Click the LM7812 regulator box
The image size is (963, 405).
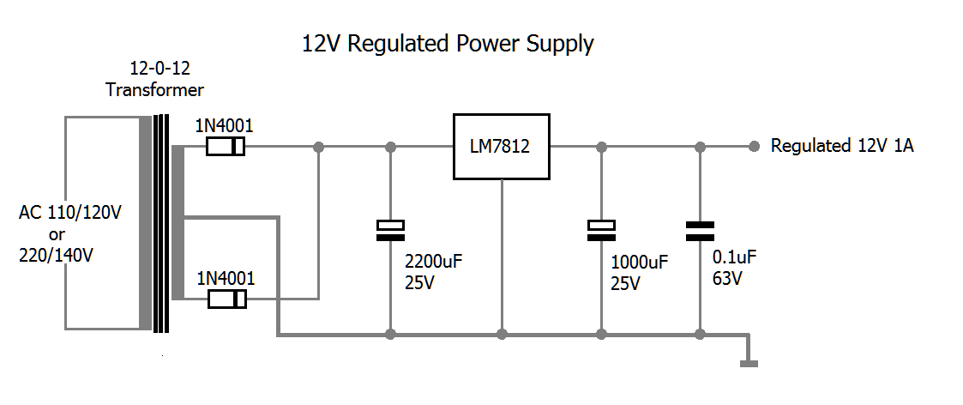(x=501, y=147)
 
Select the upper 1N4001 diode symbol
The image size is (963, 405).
(x=226, y=148)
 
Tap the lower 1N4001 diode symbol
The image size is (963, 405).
(x=227, y=299)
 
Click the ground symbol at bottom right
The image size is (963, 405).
(x=749, y=362)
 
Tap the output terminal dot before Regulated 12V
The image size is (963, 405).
(x=754, y=147)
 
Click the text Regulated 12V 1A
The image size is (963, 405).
(x=842, y=146)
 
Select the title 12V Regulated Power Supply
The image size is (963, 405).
(x=448, y=44)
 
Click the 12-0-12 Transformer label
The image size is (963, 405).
(x=154, y=79)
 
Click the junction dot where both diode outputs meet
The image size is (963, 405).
(x=318, y=147)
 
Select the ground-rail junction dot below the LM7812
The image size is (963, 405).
(x=503, y=333)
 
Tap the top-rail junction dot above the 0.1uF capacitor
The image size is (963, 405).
(x=700, y=147)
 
